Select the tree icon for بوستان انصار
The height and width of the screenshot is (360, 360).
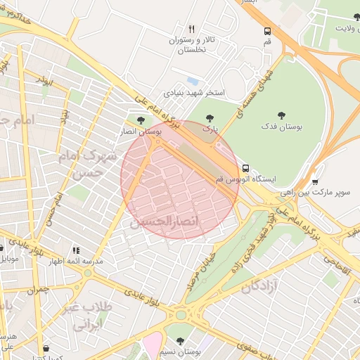pos(143,120)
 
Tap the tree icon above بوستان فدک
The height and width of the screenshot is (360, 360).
pos(281,115)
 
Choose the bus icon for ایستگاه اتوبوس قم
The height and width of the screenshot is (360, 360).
pos(245,168)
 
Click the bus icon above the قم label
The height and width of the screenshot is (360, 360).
pos(267,31)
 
